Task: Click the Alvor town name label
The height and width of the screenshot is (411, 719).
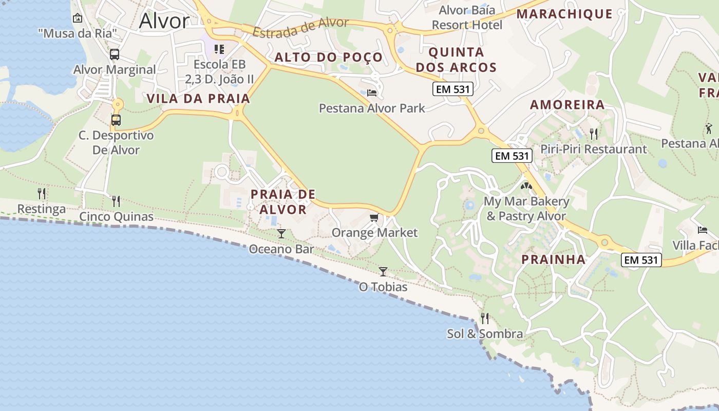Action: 164,21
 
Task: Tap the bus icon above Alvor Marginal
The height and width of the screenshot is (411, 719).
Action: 115,54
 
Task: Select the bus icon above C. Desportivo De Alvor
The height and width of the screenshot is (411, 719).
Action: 116,120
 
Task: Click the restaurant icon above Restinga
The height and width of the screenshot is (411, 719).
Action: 42,194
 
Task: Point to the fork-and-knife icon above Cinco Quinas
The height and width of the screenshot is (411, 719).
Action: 116,201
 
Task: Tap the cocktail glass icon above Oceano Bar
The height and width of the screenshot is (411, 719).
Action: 281,234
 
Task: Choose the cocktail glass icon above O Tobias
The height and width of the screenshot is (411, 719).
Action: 383,271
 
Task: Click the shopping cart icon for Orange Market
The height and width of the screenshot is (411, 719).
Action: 374,218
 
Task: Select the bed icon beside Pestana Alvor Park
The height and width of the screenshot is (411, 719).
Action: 372,93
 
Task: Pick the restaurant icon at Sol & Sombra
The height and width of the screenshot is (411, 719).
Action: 484,319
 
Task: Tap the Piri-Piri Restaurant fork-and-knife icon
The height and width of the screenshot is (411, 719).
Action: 594,134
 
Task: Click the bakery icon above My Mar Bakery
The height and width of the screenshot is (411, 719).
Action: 526,186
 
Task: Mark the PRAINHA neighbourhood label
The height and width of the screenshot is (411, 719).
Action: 554,259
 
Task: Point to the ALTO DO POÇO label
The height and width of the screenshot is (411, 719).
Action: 329,57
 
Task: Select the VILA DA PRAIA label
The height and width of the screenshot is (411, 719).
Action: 199,99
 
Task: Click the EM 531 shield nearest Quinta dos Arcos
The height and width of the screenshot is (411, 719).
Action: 452,89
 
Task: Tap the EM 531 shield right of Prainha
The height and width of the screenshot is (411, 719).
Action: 641,260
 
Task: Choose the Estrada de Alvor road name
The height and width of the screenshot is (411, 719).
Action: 300,28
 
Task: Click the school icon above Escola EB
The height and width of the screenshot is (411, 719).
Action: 219,49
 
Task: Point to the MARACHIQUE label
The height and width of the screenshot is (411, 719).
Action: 564,14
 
